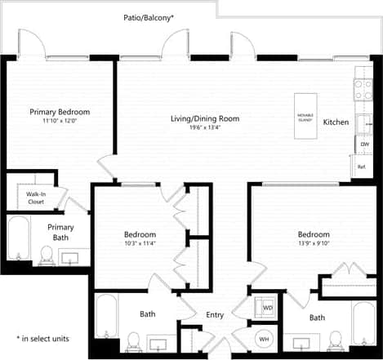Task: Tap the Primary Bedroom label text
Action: pyautogui.click(x=60, y=112)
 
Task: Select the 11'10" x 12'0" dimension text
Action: pyautogui.click(x=60, y=122)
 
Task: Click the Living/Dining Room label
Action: pyautogui.click(x=205, y=118)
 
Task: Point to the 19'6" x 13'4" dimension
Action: pyautogui.click(x=205, y=128)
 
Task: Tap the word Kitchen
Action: pyautogui.click(x=336, y=122)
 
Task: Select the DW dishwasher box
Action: pyautogui.click(x=363, y=144)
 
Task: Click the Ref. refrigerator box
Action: pyautogui.click(x=362, y=167)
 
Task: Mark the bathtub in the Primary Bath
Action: pyautogui.click(x=18, y=241)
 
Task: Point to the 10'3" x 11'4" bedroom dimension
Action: pyautogui.click(x=140, y=242)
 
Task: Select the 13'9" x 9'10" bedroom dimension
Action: pyautogui.click(x=314, y=242)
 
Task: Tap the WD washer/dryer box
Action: pyautogui.click(x=267, y=309)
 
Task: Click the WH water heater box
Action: pyautogui.click(x=264, y=338)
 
